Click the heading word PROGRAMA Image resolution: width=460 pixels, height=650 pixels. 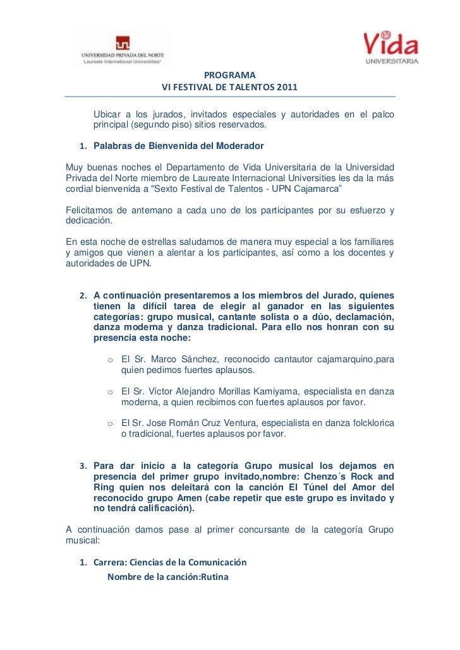point(229,74)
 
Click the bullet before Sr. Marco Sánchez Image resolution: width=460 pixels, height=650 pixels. point(111,360)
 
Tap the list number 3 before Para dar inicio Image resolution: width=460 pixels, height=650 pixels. point(82,467)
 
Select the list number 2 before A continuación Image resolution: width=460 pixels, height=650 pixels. point(82,295)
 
